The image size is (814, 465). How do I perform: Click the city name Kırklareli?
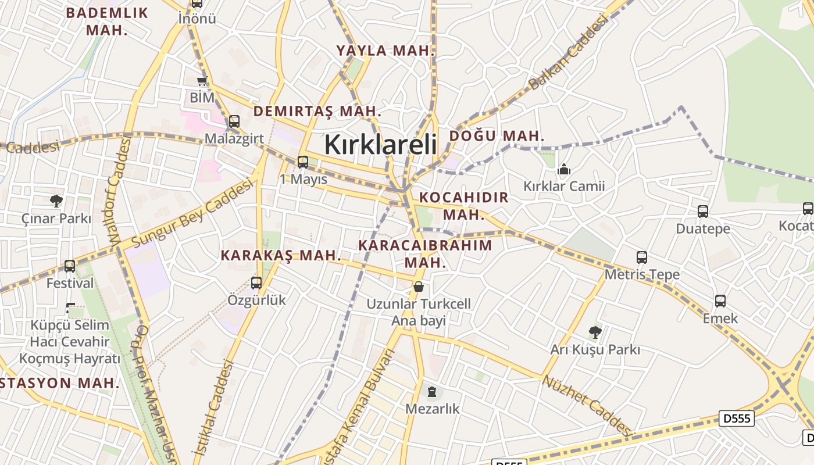[x=380, y=144]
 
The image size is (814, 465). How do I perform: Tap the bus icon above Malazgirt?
[x=234, y=121]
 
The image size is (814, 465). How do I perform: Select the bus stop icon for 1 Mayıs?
[x=303, y=162]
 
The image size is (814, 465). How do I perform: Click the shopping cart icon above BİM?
[x=202, y=81]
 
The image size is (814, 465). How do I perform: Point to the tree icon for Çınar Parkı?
[x=56, y=201]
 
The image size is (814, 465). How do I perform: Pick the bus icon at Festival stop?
[x=70, y=266]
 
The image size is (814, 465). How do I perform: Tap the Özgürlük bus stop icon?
[x=256, y=283]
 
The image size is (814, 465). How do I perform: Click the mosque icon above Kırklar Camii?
[x=563, y=170]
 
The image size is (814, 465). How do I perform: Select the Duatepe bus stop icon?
[x=703, y=212]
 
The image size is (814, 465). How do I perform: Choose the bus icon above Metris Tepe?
[x=642, y=257]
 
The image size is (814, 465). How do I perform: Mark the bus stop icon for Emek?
[x=720, y=301]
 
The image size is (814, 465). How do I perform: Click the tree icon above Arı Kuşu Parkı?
[x=595, y=332]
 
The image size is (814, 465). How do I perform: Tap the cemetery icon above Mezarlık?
[x=432, y=392]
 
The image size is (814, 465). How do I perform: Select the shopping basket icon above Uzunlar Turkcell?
[x=418, y=287]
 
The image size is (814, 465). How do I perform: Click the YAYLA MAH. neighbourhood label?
[x=385, y=51]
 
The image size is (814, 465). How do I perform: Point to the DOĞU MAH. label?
[x=497, y=136]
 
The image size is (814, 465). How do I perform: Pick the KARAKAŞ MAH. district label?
[x=281, y=255]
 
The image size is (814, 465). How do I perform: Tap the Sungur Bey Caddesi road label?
[x=192, y=213]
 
